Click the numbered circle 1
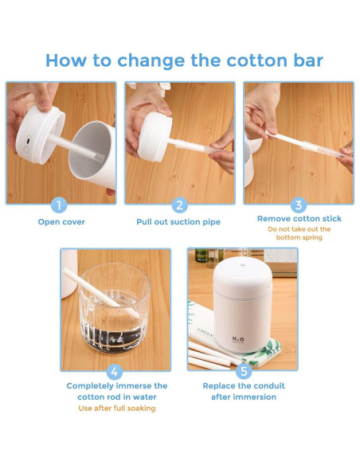tap(59, 205)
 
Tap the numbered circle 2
tap(180, 205)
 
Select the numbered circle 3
tap(299, 205)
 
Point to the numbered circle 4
tap(115, 372)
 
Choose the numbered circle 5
tap(244, 372)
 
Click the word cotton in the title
tap(257, 61)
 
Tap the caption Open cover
tap(61, 222)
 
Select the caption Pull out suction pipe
tap(178, 222)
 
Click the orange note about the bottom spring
tap(299, 233)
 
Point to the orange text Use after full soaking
tap(117, 408)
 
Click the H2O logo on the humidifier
tap(238, 339)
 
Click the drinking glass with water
tap(115, 308)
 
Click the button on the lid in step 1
tap(28, 141)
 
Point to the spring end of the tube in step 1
tap(100, 157)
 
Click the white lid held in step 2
tap(155, 136)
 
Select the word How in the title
tap(66, 61)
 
